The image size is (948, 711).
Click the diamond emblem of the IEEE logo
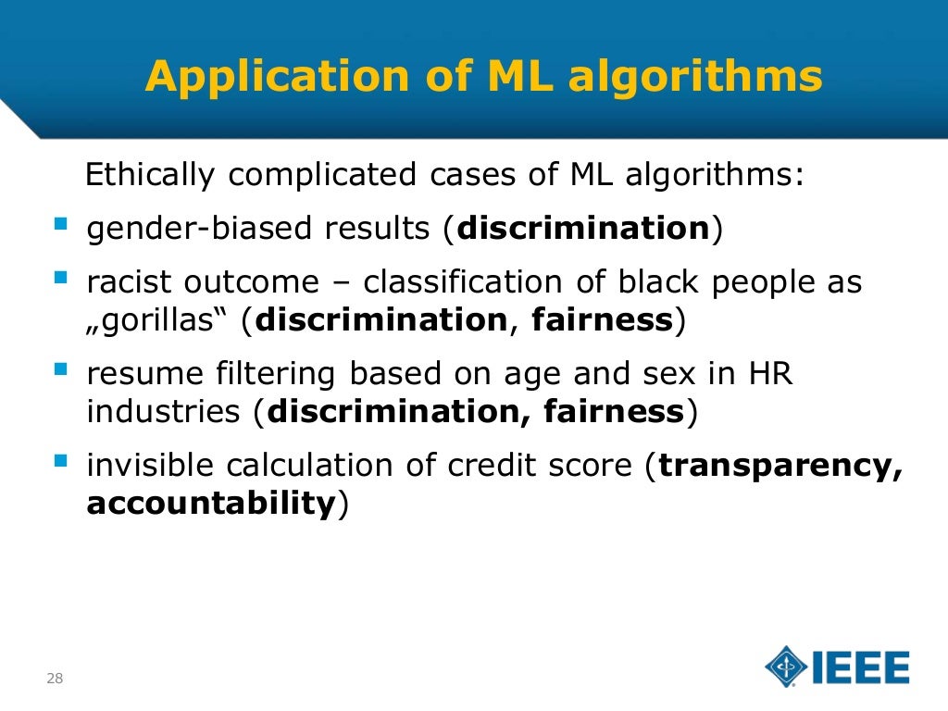(x=786, y=667)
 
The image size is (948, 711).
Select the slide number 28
(x=55, y=679)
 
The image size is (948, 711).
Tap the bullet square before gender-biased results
(x=61, y=225)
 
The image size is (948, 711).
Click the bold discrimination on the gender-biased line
(x=583, y=228)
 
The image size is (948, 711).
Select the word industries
(x=163, y=412)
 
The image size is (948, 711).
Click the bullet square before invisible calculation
(x=61, y=460)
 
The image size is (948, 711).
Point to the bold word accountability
(x=210, y=504)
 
